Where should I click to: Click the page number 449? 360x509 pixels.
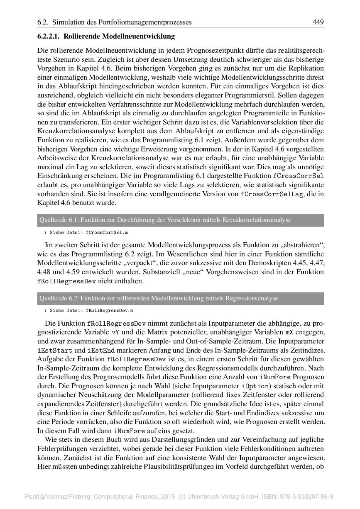point(318,22)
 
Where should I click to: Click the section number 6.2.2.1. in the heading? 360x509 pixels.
point(51,37)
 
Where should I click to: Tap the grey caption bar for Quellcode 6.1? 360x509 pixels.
point(180,220)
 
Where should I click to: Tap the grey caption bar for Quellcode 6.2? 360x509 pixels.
point(180,298)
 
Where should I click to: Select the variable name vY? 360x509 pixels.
point(115,332)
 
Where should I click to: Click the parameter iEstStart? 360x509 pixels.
point(52,351)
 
